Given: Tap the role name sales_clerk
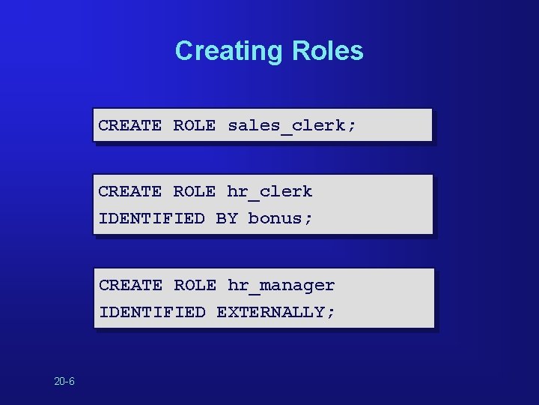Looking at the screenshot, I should click(286, 125).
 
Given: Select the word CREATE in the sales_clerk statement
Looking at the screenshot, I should click(130, 125).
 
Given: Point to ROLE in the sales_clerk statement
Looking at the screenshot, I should click(194, 125).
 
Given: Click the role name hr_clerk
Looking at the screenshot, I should click(269, 192).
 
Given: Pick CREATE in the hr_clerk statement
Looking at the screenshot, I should click(130, 192).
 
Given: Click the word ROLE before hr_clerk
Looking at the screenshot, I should click(194, 192).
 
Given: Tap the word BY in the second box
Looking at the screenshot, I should click(226, 219).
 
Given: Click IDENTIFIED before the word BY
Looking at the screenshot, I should click(151, 219).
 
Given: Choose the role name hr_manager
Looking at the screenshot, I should click(281, 286).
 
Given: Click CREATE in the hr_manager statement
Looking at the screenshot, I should click(130, 286).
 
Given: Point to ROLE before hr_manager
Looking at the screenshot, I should click(195, 286).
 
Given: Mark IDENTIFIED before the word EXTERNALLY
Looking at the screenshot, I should click(152, 312).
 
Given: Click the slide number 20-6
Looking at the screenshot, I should click(64, 382).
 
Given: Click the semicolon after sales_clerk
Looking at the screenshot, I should click(352, 126).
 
